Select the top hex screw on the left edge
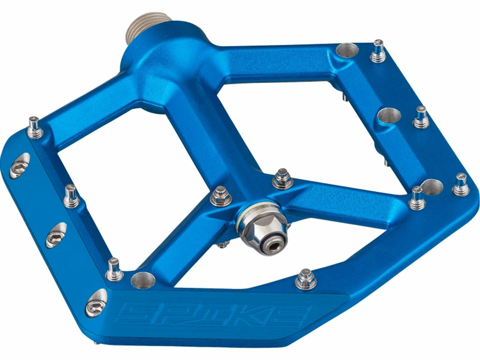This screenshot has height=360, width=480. coord(20,166)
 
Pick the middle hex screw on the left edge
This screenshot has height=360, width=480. coord(56,235)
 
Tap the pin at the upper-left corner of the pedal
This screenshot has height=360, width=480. coord(35,128)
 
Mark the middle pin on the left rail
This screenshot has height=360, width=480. coord(71,196)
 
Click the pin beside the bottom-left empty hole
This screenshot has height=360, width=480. coord(115,269)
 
